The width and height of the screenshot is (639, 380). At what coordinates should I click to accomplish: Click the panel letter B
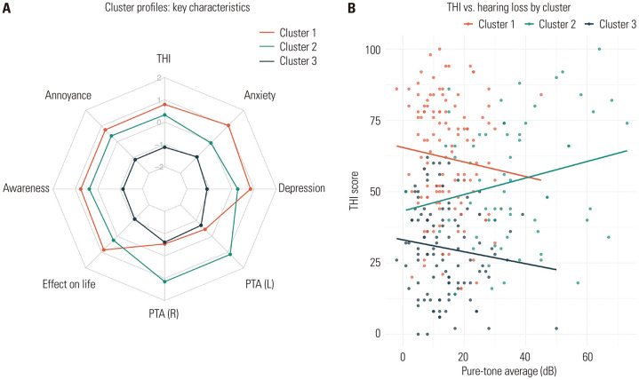[328, 8]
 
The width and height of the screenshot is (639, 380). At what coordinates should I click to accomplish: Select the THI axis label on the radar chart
[164, 60]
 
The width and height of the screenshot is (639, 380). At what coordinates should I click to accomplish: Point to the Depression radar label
[301, 188]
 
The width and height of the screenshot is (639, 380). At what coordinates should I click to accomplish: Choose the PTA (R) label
[164, 315]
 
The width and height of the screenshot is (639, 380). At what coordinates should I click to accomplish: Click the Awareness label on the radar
[27, 188]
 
